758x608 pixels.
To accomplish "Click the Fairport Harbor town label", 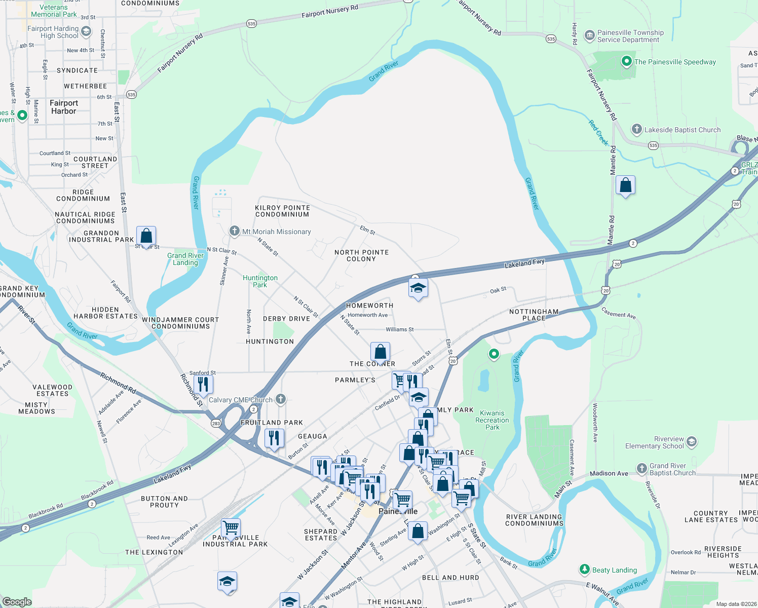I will click(63, 107).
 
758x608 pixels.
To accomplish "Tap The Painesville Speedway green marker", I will click(627, 62).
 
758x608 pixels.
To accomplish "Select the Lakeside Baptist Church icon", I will click(637, 129).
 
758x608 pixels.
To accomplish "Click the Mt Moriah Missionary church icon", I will click(234, 231).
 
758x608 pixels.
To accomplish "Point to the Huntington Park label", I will click(260, 281).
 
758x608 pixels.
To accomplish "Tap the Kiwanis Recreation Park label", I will click(492, 420).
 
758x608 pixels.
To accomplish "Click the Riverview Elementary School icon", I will click(692, 442).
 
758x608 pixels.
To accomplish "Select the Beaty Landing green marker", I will click(584, 569).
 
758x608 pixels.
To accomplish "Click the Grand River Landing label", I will click(185, 259).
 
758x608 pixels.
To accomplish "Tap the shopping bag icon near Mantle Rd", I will click(625, 185).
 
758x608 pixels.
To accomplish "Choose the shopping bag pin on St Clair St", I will click(146, 236).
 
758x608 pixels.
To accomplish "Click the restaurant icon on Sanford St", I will click(203, 385).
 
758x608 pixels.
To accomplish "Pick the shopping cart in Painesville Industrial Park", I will click(231, 528).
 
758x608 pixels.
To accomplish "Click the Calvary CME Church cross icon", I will click(280, 399).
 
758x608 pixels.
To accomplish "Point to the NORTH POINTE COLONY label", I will click(361, 255).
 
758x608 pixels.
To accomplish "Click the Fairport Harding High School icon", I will click(86, 31).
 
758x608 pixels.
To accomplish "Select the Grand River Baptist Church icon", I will click(642, 468).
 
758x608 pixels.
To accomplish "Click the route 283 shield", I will click(216, 423).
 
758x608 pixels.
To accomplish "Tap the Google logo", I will click(17, 602).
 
